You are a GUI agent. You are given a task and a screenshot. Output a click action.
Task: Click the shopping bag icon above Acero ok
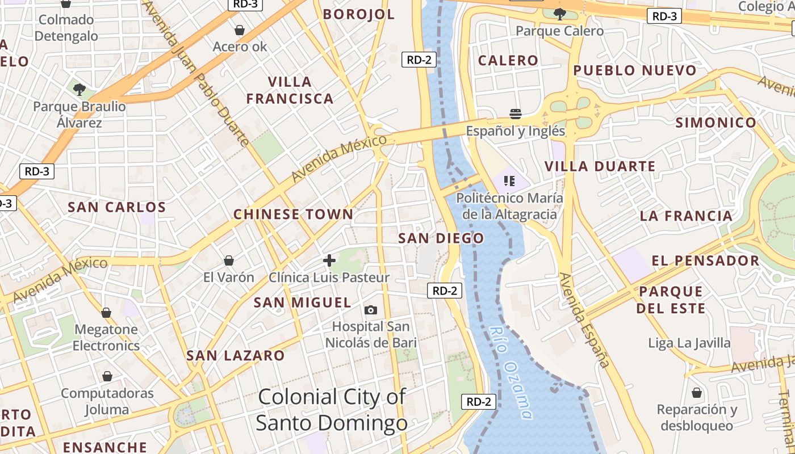tap(240, 30)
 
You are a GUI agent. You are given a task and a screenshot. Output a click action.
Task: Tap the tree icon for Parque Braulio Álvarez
tap(79, 89)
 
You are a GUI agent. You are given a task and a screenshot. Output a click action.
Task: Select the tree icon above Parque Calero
tap(559, 14)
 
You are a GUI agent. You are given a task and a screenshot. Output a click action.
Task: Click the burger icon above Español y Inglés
tap(515, 113)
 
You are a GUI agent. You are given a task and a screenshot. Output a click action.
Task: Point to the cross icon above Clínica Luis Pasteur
tap(329, 260)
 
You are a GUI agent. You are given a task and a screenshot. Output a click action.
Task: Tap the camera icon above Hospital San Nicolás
tap(370, 310)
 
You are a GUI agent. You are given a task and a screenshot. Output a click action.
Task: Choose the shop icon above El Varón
tap(228, 260)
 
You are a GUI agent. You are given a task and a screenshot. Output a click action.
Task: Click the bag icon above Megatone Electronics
tap(106, 313)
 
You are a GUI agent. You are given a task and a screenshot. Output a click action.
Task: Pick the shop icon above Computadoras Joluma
tap(107, 376)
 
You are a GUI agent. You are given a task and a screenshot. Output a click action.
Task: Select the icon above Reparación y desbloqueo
tap(696, 393)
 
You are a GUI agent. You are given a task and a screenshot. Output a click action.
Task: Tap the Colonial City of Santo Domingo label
tap(332, 410)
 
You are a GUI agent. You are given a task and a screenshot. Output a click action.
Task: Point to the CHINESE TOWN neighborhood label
tap(293, 215)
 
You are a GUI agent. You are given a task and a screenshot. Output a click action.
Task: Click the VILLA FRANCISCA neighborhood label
tap(290, 90)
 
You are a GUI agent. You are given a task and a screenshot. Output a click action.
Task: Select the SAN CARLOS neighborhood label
tap(116, 207)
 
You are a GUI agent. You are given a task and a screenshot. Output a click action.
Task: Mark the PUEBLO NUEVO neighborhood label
tap(634, 70)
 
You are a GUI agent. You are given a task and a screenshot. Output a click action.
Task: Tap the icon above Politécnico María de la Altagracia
tap(509, 181)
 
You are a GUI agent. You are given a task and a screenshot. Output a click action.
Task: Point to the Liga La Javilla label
tap(689, 343)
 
